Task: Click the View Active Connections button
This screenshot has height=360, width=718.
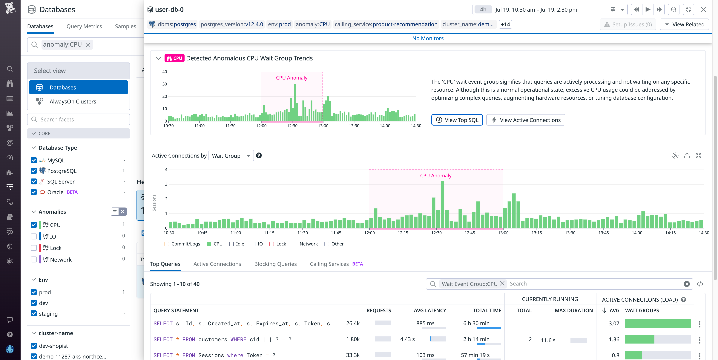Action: (525, 120)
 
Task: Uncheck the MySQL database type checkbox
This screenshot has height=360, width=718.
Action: (34, 160)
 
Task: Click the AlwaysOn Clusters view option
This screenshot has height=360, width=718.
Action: (73, 101)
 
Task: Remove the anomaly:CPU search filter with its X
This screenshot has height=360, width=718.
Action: (88, 45)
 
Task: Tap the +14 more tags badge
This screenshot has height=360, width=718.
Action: (505, 24)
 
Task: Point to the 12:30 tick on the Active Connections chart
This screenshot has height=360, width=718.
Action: (436, 233)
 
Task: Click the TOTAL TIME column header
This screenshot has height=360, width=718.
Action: (487, 310)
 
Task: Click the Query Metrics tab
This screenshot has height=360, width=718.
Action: (84, 26)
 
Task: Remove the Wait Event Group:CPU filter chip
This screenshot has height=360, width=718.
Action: (502, 284)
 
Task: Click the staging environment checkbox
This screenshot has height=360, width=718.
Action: (34, 313)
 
